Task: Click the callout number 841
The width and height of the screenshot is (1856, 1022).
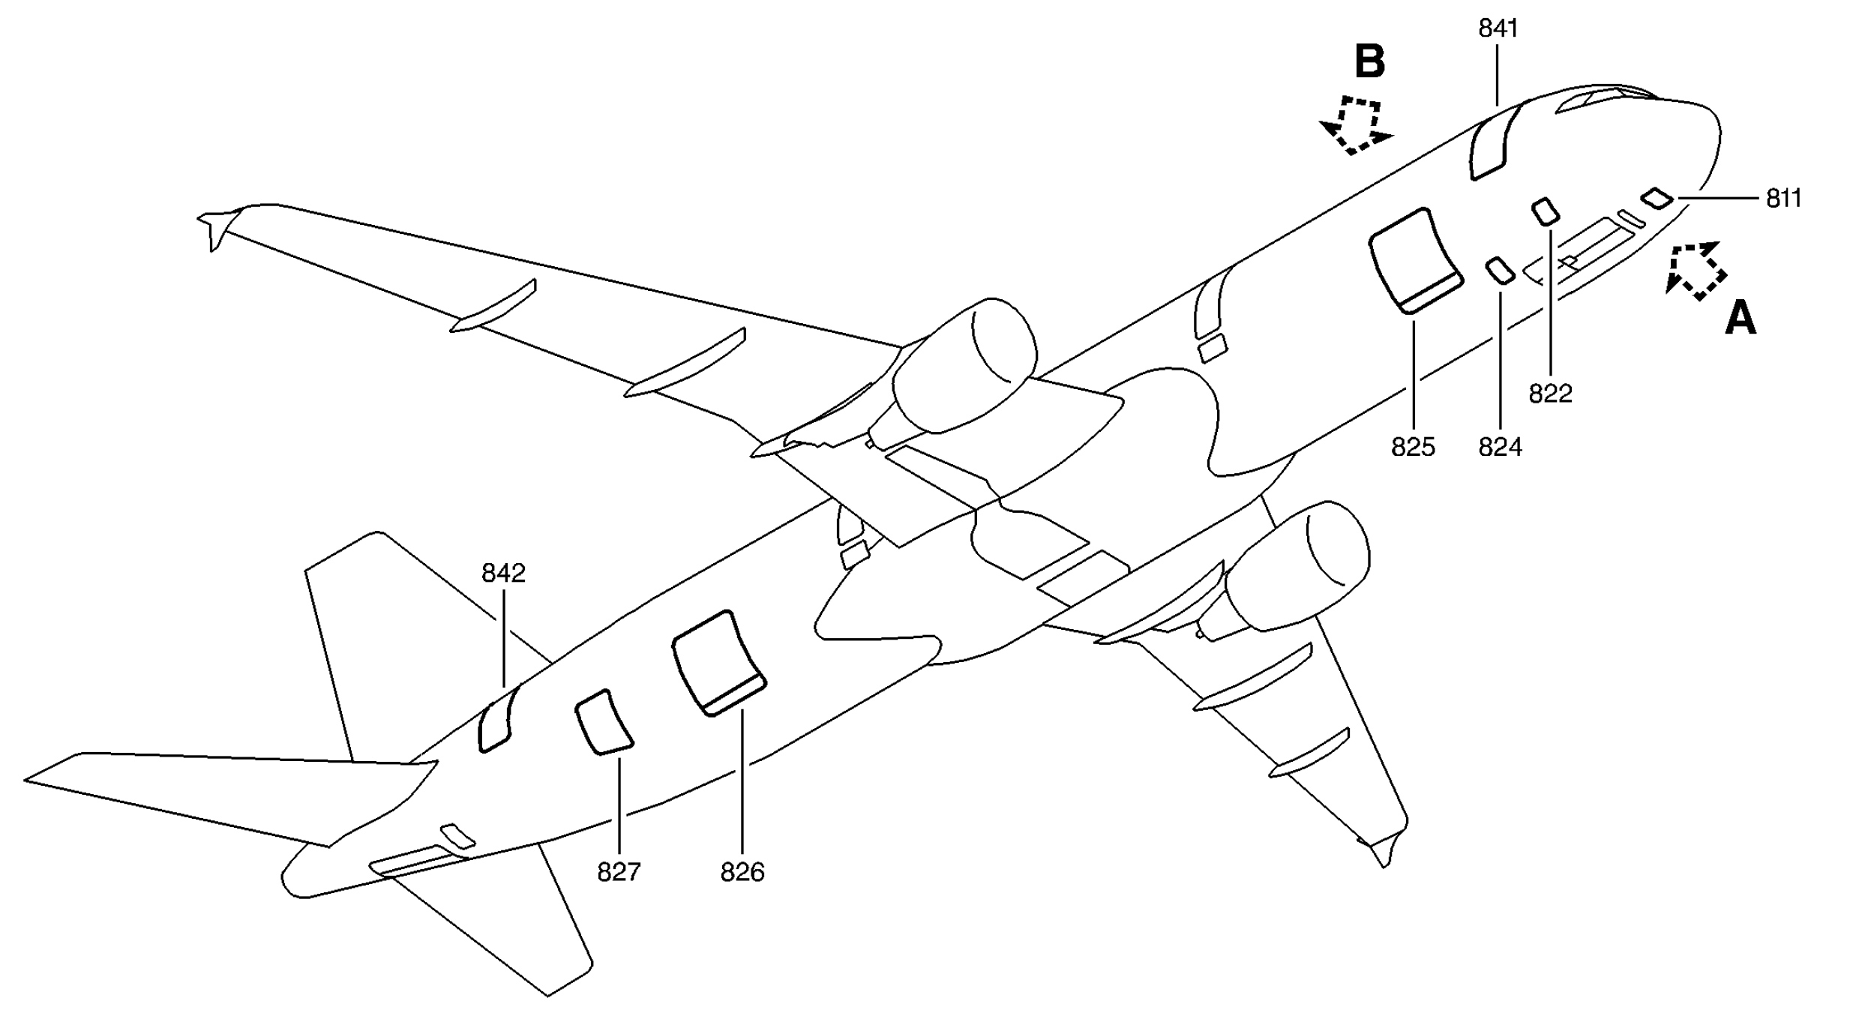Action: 1498,28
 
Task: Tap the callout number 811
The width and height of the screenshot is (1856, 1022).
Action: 1784,199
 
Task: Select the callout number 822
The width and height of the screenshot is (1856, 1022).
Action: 1550,394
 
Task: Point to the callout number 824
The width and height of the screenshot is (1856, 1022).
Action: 1501,448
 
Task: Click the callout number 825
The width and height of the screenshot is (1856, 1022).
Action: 1413,448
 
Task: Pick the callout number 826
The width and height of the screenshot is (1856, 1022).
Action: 742,873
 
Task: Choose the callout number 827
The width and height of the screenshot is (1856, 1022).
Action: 619,873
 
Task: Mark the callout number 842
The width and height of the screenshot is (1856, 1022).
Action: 503,574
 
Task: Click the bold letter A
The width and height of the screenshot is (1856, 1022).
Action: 1741,318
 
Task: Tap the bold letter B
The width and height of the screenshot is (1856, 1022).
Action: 1369,61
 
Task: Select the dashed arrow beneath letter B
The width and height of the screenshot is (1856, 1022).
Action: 1357,126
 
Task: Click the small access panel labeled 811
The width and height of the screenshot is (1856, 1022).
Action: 1657,199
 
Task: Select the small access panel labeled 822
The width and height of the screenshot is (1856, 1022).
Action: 1545,212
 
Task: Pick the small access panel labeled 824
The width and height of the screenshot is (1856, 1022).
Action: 1501,271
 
